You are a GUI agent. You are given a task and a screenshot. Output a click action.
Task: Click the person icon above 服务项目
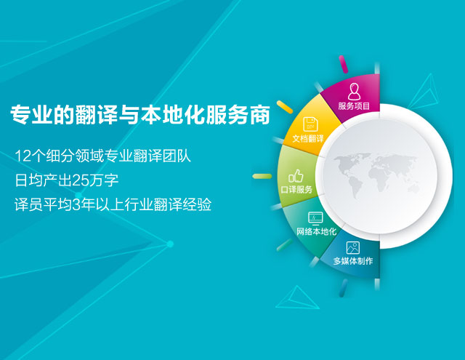pos(354,92)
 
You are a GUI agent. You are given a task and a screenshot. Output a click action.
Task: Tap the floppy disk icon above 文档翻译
pos(310,124)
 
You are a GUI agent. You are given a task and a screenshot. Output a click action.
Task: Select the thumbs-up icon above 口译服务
pos(296,176)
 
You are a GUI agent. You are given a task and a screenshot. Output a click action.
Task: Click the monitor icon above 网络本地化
pos(315,218)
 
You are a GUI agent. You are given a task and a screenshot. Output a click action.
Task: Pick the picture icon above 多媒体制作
pos(353,248)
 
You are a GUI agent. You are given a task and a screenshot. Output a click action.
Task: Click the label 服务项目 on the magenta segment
pos(354,106)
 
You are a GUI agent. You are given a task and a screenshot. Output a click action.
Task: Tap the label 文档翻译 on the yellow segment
pos(308,139)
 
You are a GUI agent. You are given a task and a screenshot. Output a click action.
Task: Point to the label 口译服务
pos(296,189)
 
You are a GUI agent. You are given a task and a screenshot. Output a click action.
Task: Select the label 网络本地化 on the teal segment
pos(317,231)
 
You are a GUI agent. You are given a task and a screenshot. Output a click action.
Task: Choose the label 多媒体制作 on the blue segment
pos(353,261)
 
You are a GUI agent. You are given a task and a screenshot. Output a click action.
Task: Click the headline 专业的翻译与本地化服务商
pos(140,114)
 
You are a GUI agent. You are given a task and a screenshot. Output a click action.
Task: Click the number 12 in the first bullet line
pos(23,156)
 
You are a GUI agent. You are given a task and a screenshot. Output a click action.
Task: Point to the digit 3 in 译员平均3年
pos(76,205)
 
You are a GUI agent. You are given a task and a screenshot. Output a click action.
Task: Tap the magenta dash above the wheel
pos(344,64)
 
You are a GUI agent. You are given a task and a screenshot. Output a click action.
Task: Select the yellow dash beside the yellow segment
pos(284,107)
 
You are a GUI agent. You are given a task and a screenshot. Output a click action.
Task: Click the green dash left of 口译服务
pos(262,176)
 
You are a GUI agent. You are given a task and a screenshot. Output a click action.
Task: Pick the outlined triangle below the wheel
pos(297,297)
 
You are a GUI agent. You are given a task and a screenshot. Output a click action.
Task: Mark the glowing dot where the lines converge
pos(170,244)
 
